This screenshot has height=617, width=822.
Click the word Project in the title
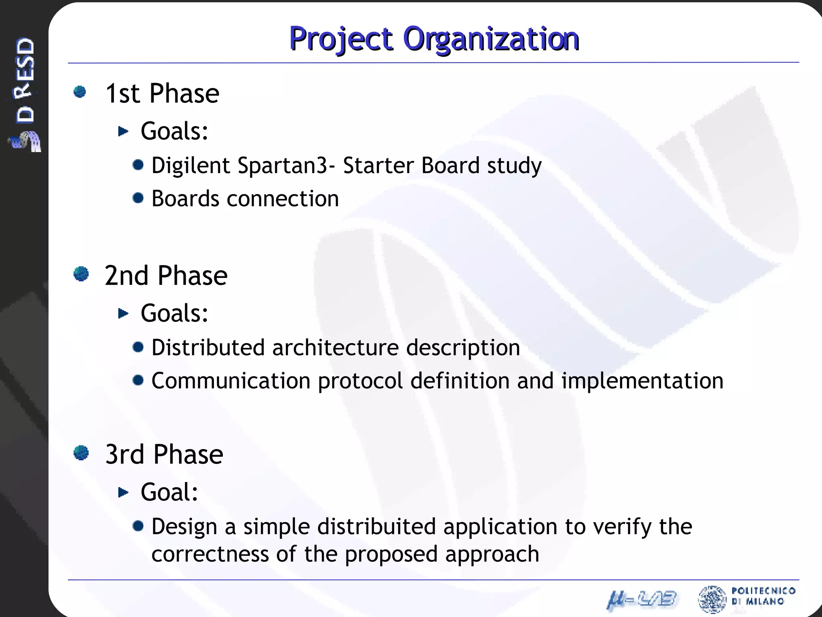point(341,39)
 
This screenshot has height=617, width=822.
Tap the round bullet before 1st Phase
point(80,92)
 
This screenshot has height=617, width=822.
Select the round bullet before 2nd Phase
point(81,274)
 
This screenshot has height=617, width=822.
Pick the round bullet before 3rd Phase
point(81,453)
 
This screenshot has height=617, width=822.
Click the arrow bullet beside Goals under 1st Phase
point(123,131)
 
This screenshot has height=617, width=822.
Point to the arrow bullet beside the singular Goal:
point(123,492)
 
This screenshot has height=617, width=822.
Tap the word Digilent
point(190,165)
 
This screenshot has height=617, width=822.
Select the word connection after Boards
point(283,199)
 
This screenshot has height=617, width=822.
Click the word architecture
point(335,347)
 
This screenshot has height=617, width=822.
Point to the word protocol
point(360,381)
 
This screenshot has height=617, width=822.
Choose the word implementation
point(642,381)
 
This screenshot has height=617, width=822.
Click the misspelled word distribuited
point(376,527)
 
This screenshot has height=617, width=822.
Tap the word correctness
point(210,554)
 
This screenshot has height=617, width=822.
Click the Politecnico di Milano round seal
point(712,599)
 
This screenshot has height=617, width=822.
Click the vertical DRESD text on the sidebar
point(25,80)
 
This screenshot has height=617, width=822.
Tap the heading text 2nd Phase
point(166,276)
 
